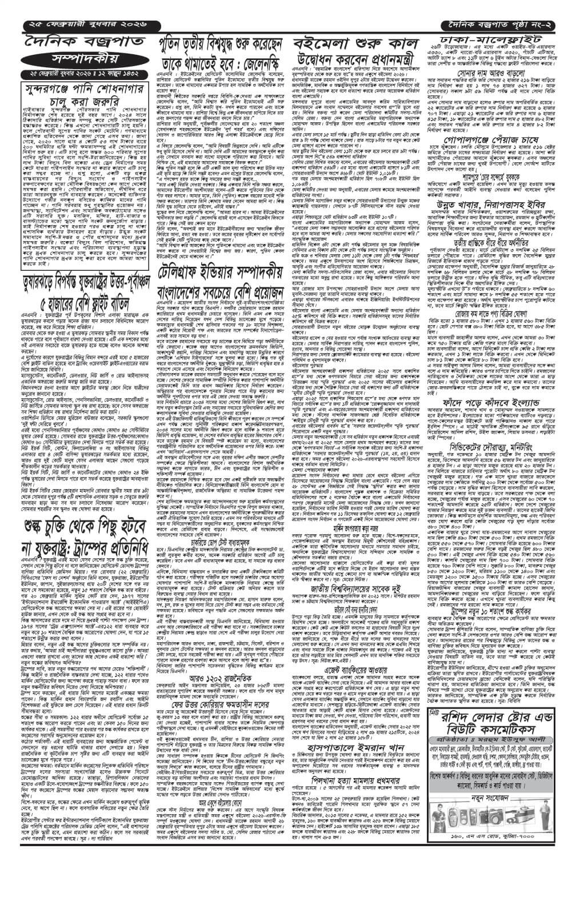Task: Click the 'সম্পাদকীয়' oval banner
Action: pos(78,59)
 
